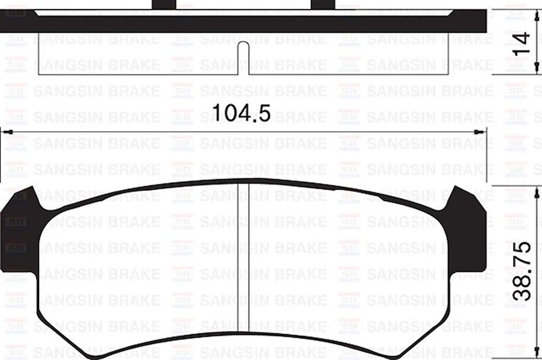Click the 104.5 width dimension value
click(x=241, y=113)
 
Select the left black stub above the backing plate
click(x=164, y=4)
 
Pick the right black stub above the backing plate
click(x=322, y=4)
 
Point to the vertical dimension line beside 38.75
click(x=536, y=276)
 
